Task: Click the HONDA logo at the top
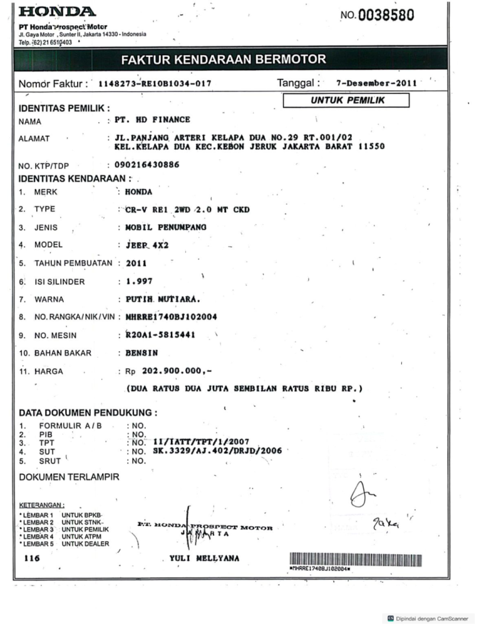57,12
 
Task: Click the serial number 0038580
386,16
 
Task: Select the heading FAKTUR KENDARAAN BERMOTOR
224,60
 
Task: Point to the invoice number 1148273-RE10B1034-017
155,84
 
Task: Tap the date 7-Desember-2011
376,83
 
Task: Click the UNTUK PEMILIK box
346,101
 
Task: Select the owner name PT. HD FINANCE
152,120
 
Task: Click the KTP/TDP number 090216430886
147,165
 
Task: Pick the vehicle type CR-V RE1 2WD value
187,210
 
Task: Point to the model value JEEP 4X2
147,245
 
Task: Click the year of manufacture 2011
136,263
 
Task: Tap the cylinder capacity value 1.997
139,282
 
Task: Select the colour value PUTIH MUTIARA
163,299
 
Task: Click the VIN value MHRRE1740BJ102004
171,317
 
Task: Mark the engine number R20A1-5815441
160,335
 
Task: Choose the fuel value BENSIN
142,353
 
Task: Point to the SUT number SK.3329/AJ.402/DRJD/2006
217,451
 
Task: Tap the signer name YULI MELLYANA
204,559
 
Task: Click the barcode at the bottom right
355,560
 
